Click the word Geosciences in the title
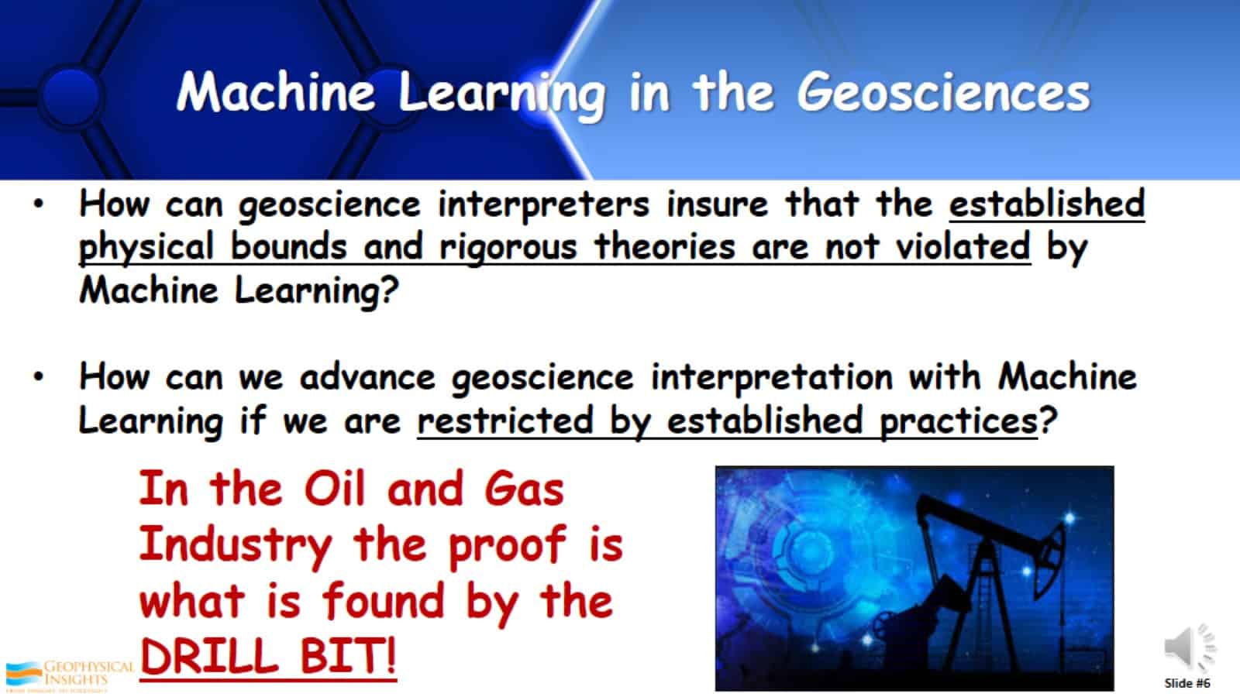point(943,93)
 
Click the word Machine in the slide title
point(275,91)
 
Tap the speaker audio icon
point(1187,647)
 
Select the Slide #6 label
point(1187,683)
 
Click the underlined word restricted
point(505,421)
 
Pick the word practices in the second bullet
point(958,421)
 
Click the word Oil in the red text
point(334,489)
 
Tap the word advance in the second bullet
point(367,378)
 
